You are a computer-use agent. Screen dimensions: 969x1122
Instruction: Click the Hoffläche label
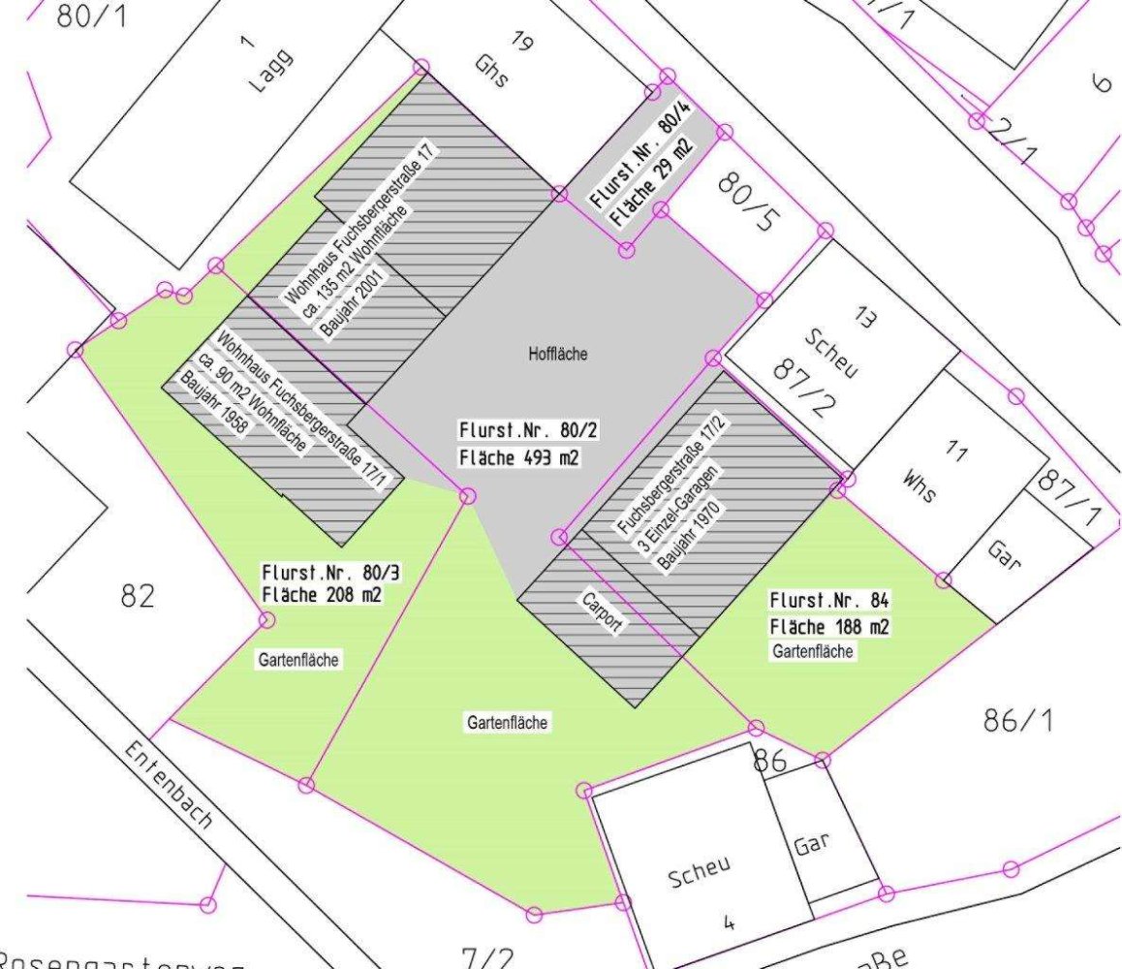557,355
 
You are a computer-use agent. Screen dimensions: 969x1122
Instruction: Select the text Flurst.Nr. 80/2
518,429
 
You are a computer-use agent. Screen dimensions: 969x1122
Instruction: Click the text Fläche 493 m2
518,457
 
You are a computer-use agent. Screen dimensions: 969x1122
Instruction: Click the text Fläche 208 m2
321,594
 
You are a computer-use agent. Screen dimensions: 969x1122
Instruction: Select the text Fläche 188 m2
829,626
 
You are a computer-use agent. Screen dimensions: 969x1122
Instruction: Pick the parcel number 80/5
747,203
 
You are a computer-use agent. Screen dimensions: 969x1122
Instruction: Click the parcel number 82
138,595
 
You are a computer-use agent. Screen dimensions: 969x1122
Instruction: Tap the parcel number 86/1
1017,720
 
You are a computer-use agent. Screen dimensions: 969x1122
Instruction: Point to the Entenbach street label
169,787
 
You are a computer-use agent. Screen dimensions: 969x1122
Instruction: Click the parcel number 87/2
803,385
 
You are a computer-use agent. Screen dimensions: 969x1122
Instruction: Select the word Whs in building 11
919,486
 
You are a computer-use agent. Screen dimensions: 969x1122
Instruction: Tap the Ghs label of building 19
492,70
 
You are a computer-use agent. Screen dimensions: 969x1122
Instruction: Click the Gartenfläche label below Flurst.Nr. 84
813,651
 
